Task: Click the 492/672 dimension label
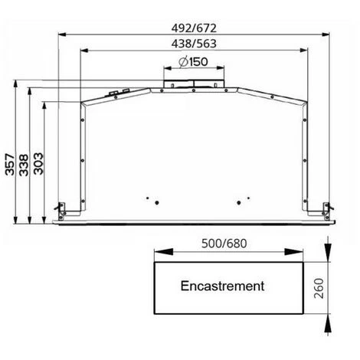click(x=194, y=28)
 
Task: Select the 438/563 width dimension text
click(x=194, y=44)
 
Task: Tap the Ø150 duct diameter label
click(x=193, y=62)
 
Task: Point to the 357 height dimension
click(x=10, y=164)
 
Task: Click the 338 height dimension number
click(x=24, y=165)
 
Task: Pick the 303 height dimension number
click(x=38, y=164)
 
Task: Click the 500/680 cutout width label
click(x=224, y=244)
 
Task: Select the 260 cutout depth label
click(x=319, y=288)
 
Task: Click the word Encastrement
click(x=222, y=286)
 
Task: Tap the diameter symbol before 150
click(x=183, y=62)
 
